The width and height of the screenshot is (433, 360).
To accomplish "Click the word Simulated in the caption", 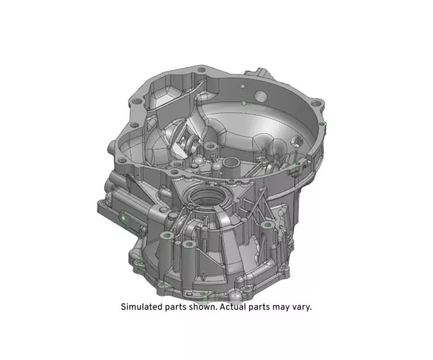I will click(x=143, y=307).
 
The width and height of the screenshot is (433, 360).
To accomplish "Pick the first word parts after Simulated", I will click(x=178, y=307).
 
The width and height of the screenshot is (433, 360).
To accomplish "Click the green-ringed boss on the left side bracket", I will click(x=122, y=218).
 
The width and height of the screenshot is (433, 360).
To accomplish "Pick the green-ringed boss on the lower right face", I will click(x=268, y=225).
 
